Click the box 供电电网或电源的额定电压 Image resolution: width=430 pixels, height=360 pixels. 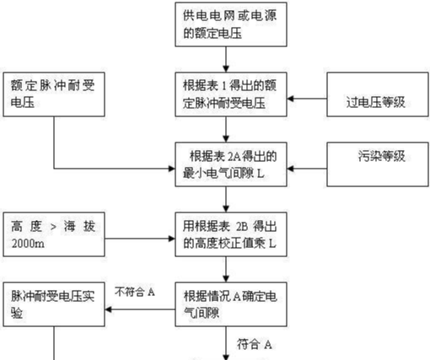coord(231,24)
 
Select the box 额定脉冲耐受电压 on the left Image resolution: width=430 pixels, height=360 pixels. coord(54,94)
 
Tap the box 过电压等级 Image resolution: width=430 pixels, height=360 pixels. coord(378,94)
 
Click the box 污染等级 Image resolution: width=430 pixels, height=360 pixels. coord(378,164)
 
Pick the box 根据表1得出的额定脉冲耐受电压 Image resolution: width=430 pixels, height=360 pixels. coord(231,94)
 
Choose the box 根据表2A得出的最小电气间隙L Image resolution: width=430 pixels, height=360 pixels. coord(231,164)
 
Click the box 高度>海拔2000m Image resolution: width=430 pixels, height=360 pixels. coord(54,234)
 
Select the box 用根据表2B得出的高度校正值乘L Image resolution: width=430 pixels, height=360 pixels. coord(231,234)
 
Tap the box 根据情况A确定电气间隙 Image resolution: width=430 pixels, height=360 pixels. coord(231,304)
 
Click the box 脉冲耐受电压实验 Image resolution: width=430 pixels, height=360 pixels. coord(54,304)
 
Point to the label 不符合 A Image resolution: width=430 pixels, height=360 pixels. coord(135,292)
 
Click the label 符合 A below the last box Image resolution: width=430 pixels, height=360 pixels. coord(255,344)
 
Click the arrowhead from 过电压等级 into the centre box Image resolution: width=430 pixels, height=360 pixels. coord(291,99)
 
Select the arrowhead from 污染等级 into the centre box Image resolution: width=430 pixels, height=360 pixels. coord(291,169)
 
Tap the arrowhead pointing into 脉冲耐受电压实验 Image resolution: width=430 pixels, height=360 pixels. coord(109,309)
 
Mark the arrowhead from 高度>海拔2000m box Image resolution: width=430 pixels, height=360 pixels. coord(171,239)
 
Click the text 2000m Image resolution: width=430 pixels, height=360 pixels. coord(28,244)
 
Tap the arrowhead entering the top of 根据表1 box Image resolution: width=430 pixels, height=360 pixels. coord(226,69)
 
